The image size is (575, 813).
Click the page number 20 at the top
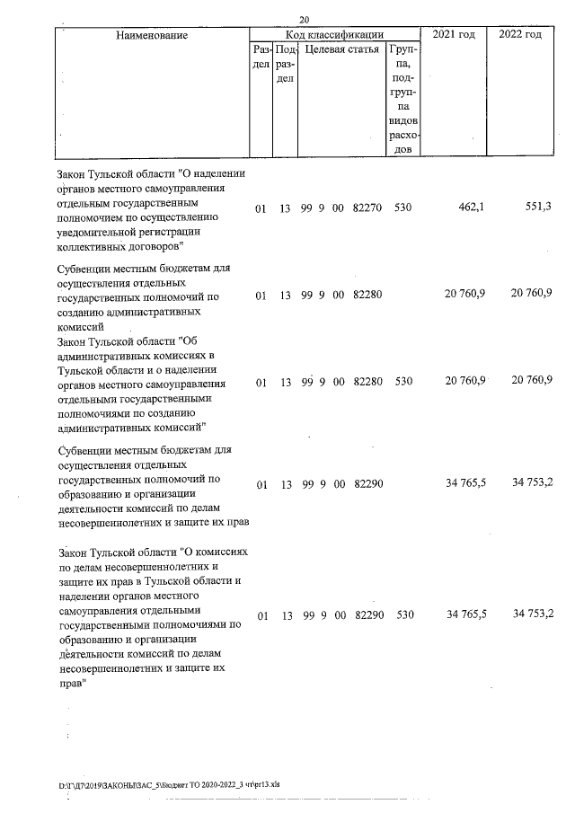305,20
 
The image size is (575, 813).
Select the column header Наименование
152,35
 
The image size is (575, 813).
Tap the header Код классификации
335,33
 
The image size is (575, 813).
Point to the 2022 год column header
520,34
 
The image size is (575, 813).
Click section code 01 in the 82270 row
261,208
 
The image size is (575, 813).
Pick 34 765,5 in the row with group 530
465,615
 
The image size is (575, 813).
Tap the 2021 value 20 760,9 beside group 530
465,381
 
